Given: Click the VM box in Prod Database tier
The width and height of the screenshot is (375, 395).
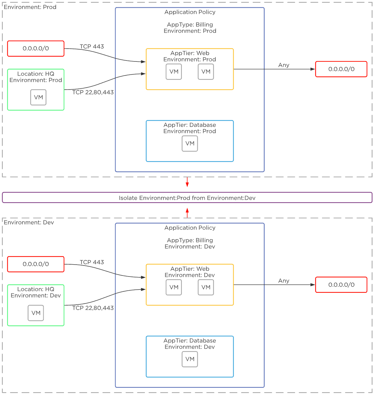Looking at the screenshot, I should point(190,144).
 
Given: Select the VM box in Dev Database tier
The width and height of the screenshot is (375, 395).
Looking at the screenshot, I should point(190,359).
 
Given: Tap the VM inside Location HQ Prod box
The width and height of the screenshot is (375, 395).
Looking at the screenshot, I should point(38,97).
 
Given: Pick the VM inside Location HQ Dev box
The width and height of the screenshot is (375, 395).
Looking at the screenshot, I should point(36,313).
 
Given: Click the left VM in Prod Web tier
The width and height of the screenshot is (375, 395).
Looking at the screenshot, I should point(174,72).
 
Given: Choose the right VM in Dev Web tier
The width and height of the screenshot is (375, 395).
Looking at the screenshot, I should point(206,287).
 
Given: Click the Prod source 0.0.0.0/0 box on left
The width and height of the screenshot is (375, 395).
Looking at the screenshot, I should point(36,49).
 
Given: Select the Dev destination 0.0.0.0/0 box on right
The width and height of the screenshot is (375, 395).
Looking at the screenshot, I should point(341,285).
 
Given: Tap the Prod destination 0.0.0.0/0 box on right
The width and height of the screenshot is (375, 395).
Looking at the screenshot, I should point(341,69).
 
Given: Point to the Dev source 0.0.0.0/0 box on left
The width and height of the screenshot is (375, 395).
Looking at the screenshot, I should point(36,264).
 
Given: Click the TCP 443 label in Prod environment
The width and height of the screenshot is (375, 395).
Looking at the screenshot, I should point(92,47).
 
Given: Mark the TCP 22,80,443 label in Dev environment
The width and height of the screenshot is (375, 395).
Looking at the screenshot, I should point(93,308).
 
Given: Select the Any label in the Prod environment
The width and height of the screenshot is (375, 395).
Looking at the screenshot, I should point(284,65).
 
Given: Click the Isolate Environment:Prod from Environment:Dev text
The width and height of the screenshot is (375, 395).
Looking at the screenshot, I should point(187,198).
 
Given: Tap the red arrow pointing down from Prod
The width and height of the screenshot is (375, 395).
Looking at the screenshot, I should point(187,182).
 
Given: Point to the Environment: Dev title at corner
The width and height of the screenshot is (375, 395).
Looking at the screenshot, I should point(29,223).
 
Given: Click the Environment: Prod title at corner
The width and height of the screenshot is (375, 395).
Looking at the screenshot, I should point(30,7).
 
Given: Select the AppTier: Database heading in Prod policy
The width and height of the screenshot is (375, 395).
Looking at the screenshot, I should point(190,125).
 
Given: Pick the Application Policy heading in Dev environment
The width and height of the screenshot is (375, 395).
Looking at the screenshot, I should point(190,228).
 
